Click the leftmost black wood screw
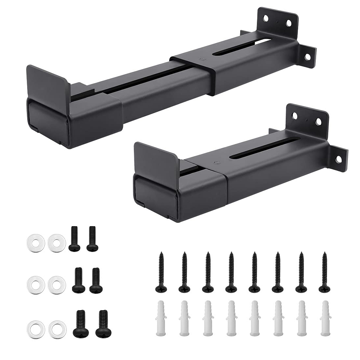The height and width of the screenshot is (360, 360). click(161, 272)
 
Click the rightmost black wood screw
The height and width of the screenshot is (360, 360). click(324, 272)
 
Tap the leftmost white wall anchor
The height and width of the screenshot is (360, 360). click(161, 314)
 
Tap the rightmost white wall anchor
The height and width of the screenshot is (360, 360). click(325, 314)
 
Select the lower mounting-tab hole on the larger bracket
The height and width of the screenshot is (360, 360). click(307, 57)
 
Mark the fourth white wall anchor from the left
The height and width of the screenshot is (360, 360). click(231, 314)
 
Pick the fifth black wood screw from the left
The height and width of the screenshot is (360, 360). click(254, 272)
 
